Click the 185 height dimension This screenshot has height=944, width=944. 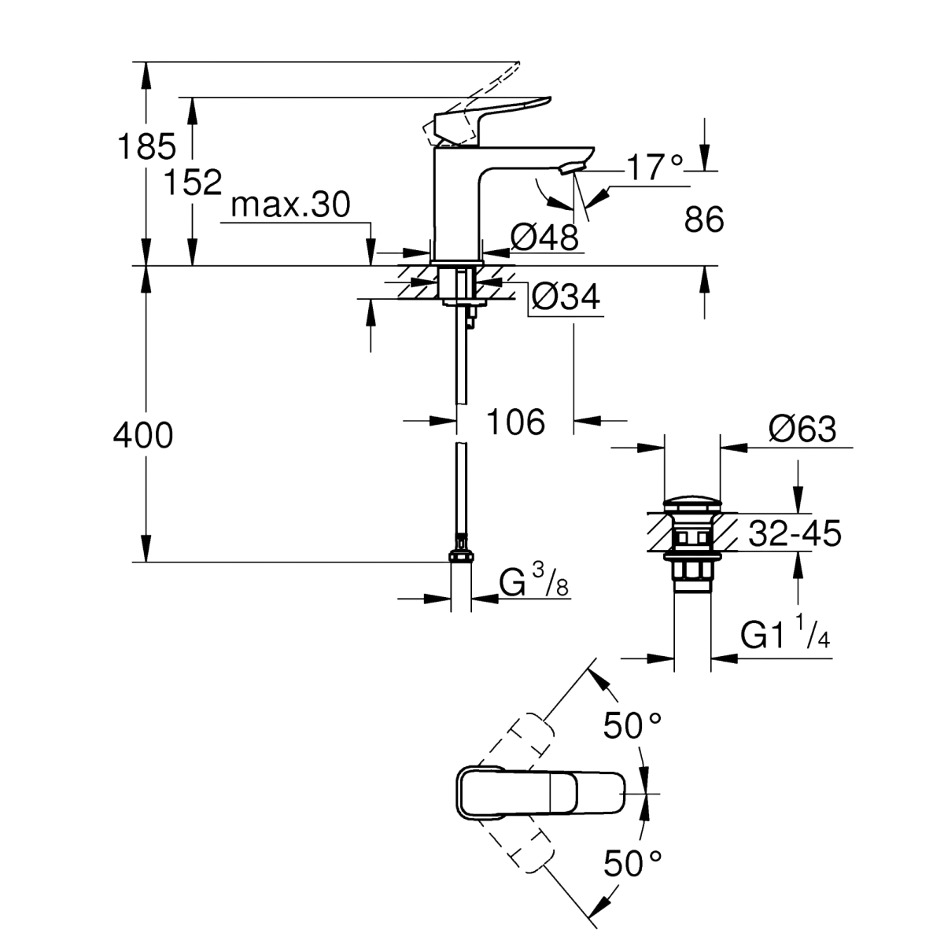click(146, 146)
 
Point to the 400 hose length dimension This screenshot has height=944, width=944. click(142, 433)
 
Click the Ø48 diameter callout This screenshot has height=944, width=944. click(544, 235)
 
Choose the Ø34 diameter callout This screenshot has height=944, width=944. click(566, 297)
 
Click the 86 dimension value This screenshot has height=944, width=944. click(703, 220)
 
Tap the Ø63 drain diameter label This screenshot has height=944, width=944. click(803, 430)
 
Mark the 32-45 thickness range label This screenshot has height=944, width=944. click(795, 534)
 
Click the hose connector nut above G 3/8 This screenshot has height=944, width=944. click(460, 556)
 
